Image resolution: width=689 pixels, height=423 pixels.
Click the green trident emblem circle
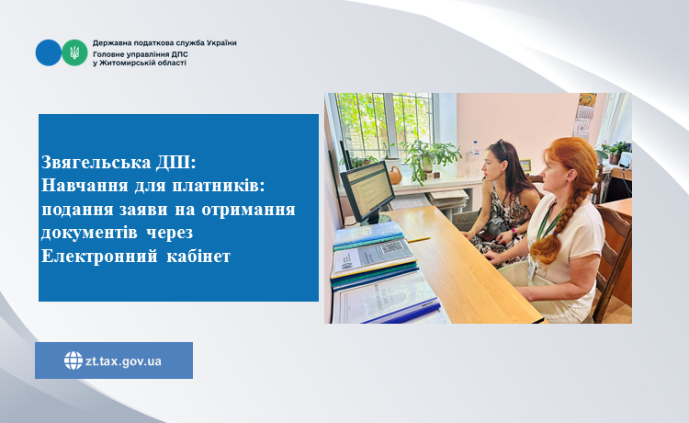pos(74,52)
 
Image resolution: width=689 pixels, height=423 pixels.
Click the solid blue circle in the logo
pos(49,52)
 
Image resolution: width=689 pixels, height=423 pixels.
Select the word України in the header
pos(221,43)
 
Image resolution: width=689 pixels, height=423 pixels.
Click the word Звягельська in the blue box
pos(96,162)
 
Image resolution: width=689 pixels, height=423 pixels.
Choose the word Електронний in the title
pos(99,256)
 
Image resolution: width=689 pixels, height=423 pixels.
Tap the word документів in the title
pos(89,233)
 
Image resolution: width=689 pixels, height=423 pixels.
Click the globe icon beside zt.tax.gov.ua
pos(73,360)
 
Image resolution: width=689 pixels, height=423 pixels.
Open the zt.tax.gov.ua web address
pos(123,361)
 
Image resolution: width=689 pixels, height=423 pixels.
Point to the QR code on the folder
pos(391,247)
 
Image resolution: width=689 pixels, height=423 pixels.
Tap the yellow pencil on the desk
pos(419,240)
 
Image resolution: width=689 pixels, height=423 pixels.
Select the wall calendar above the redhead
pos(583,118)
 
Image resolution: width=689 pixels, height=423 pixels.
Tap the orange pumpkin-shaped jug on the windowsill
pos(395,176)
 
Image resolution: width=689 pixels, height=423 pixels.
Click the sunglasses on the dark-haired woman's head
pos(503,145)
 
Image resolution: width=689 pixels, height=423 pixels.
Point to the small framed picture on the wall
pos(525,166)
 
